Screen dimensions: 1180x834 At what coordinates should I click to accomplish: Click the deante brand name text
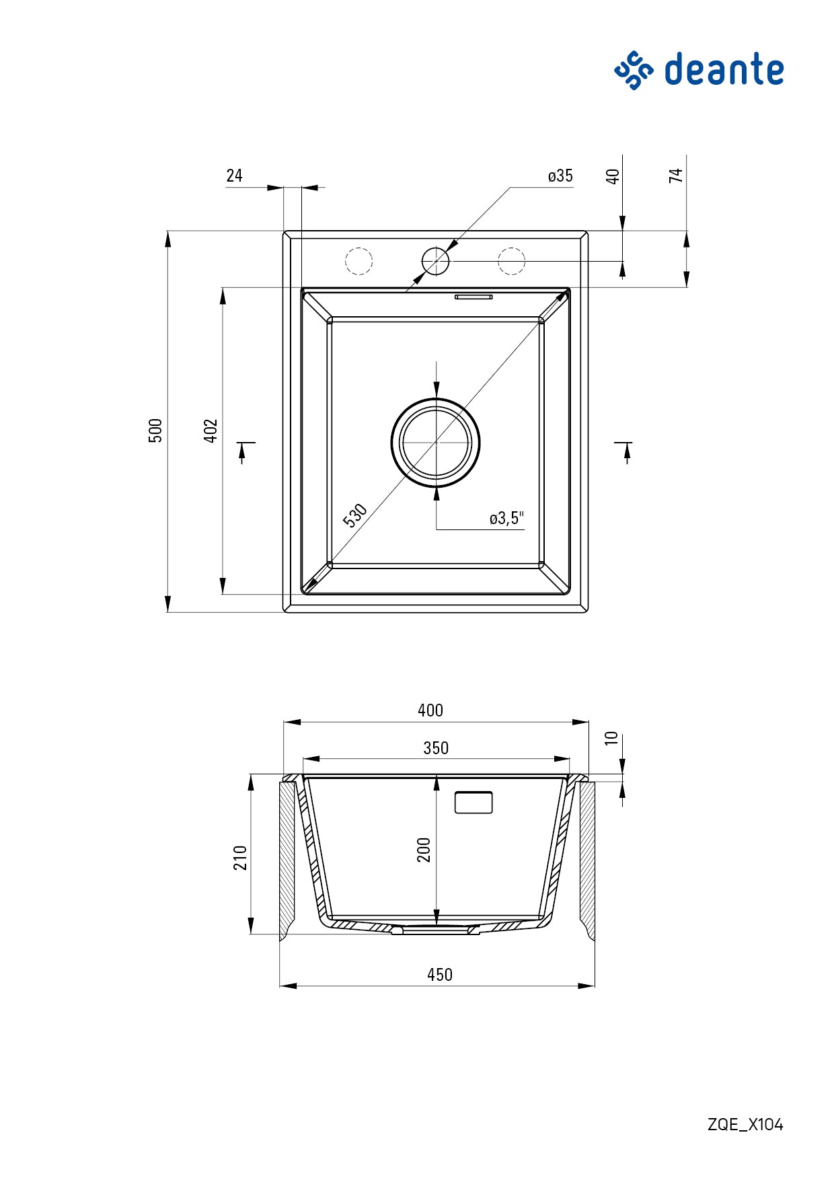tap(724, 69)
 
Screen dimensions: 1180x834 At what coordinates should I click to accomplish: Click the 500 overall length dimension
tap(155, 430)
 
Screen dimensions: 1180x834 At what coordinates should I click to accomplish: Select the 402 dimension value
tap(211, 431)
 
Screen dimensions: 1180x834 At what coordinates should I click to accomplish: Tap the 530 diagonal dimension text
tap(355, 515)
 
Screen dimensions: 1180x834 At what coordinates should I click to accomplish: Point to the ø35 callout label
tap(560, 176)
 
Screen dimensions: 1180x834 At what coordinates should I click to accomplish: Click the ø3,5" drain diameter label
tap(506, 518)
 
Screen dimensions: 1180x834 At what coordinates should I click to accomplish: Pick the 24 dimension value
tap(234, 176)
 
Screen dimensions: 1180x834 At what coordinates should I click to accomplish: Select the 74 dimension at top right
tap(676, 176)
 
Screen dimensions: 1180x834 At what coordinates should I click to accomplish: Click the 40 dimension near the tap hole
tap(613, 177)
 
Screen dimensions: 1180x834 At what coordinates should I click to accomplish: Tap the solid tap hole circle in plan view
tap(435, 261)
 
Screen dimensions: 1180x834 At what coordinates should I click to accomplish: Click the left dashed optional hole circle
tap(358, 261)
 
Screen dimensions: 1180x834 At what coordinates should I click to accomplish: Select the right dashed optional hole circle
tap(511, 261)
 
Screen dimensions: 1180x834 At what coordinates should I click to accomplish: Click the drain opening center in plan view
tap(436, 442)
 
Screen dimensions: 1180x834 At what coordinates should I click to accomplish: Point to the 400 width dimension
tap(430, 710)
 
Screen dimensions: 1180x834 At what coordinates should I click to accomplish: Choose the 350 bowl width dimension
tap(436, 748)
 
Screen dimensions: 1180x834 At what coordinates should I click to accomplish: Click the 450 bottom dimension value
tap(440, 975)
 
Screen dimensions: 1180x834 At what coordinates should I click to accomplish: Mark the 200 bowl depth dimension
tap(424, 850)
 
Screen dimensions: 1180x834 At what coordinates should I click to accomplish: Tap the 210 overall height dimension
tap(241, 858)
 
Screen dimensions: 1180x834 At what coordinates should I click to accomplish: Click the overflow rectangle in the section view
tap(473, 803)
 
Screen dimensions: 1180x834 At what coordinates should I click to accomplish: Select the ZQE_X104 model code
tap(745, 1124)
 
